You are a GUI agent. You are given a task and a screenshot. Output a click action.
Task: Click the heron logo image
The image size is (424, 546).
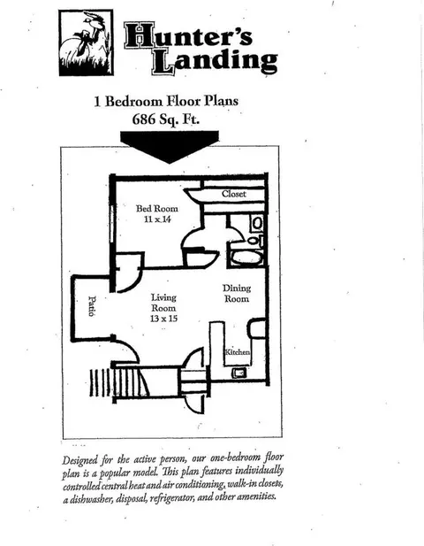pos(86,42)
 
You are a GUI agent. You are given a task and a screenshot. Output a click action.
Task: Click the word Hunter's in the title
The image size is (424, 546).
pos(188,35)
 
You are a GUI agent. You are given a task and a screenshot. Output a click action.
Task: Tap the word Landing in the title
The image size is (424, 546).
pos(215,61)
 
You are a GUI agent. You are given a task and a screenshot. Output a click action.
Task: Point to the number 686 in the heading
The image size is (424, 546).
pos(144,119)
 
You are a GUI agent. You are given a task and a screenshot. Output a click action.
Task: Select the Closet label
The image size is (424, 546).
pos(234,194)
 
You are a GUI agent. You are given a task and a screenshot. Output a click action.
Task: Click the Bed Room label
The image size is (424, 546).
pos(156,209)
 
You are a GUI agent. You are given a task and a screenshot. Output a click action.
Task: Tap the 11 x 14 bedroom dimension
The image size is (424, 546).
pos(157,219)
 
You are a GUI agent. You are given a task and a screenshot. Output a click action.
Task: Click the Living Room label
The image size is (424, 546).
pos(163,303)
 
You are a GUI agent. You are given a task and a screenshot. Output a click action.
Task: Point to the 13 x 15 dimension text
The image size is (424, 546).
pos(163,319)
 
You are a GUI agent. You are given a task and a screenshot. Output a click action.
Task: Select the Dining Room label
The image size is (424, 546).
pos(237,293)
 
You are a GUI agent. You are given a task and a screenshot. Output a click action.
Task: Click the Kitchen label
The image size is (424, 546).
pos(238,352)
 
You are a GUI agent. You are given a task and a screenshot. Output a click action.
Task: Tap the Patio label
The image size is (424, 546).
pos(92,306)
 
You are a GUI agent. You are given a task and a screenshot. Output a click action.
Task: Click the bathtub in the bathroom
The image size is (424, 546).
pos(246,258)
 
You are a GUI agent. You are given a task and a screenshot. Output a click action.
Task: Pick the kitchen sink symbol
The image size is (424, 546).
pos(239,373)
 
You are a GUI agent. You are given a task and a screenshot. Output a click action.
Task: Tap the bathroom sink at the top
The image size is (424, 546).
pos(257,223)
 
